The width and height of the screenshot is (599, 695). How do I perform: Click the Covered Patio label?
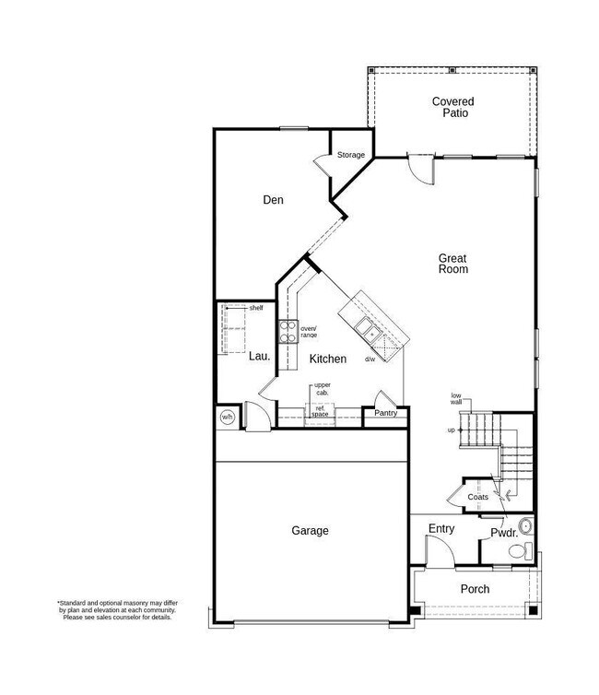click(x=452, y=107)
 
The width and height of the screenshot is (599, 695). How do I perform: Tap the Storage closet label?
click(x=350, y=155)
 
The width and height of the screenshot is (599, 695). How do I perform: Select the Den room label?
click(x=272, y=199)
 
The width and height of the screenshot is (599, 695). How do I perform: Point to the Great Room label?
click(x=452, y=264)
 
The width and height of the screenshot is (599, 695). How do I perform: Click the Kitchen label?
click(x=327, y=359)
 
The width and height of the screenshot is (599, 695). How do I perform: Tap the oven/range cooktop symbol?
click(x=287, y=330)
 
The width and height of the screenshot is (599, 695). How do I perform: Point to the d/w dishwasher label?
click(x=370, y=359)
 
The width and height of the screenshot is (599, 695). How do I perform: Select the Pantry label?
click(x=384, y=414)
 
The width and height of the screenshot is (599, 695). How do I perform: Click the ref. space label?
click(x=320, y=411)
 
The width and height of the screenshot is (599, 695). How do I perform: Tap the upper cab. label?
click(x=323, y=388)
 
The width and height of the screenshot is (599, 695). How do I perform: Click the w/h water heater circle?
click(x=228, y=418)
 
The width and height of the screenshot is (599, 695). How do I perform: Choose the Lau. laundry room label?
click(x=258, y=356)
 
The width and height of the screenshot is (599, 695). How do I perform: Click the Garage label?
click(x=310, y=530)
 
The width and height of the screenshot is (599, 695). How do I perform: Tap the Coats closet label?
click(x=477, y=497)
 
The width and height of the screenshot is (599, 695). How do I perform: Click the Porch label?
click(x=475, y=588)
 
